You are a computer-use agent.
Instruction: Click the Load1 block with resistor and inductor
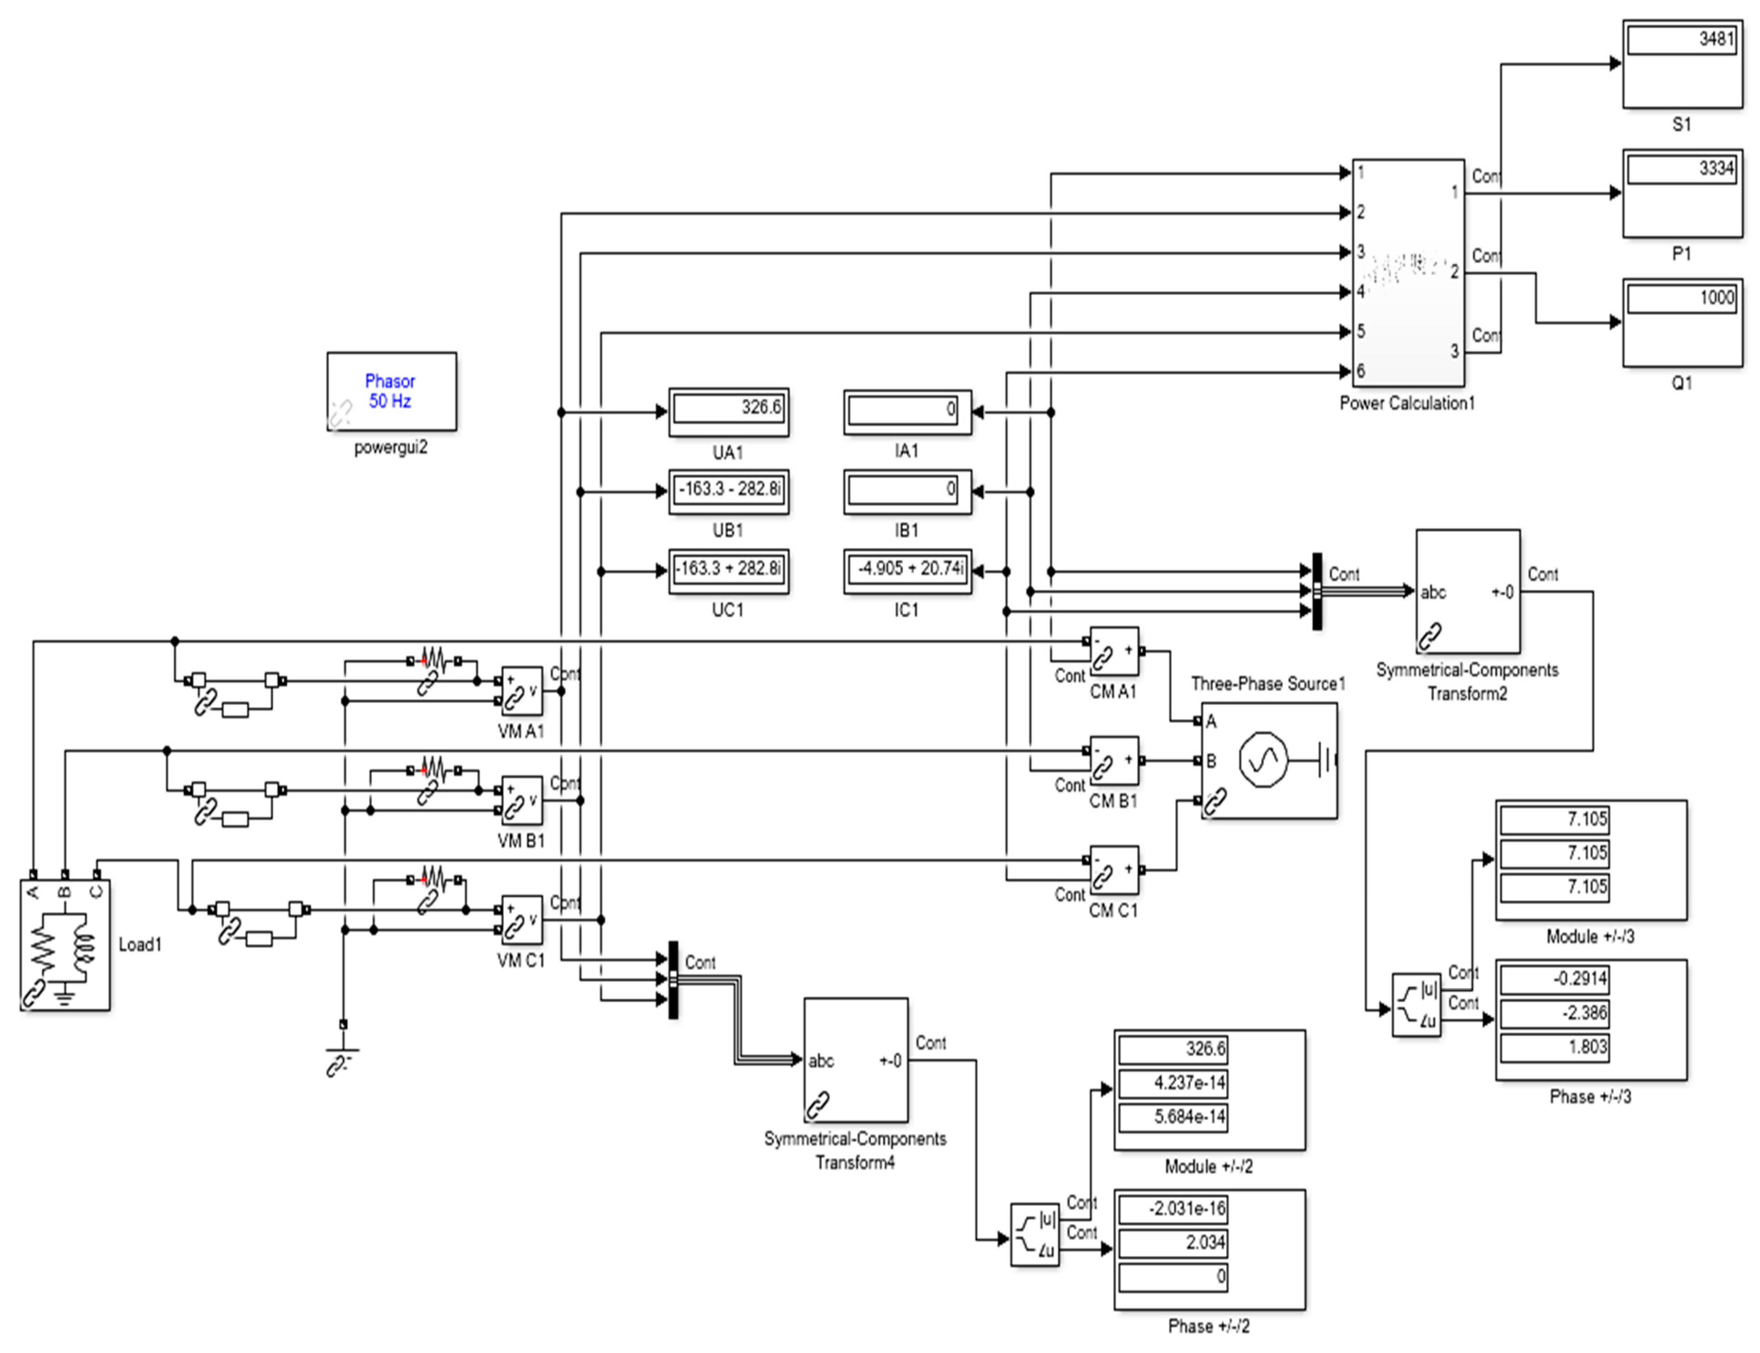tap(64, 945)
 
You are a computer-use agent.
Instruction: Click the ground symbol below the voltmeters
tap(342, 1051)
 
